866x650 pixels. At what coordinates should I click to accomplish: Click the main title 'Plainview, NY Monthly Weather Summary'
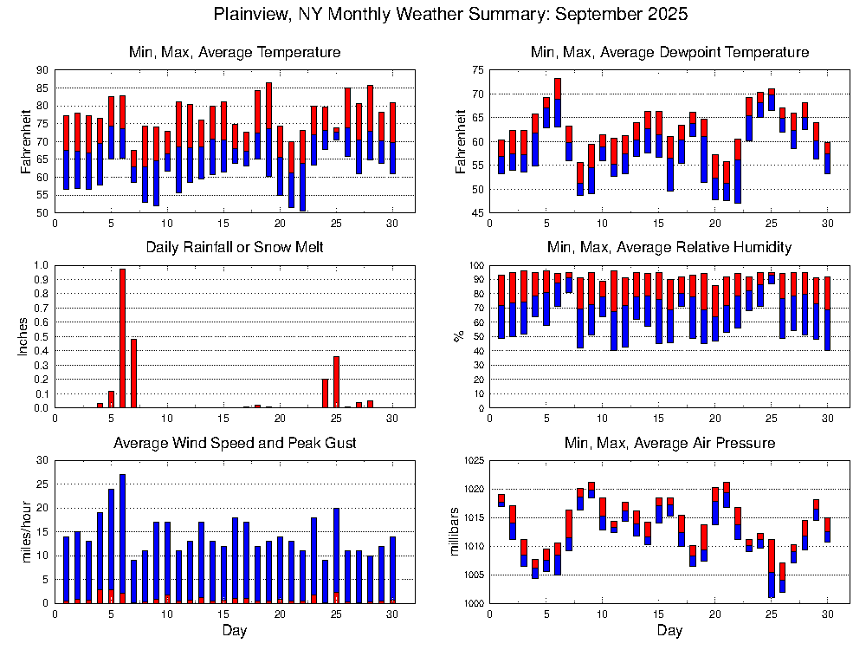point(450,14)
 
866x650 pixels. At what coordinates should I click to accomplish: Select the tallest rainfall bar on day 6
point(122,338)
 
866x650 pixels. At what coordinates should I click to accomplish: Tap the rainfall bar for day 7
point(133,373)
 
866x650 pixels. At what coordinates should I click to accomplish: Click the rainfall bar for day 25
point(336,381)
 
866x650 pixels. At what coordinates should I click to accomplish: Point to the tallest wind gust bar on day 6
point(122,537)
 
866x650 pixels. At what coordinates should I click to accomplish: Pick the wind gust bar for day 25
point(336,555)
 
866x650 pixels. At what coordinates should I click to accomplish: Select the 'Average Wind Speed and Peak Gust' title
point(235,443)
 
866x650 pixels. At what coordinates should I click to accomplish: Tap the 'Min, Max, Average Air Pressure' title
point(669,443)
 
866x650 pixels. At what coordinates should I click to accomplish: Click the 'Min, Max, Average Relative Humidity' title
point(669,247)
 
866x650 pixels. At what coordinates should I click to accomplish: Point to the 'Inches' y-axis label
point(23,336)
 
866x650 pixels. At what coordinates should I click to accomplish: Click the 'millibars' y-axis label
point(456,532)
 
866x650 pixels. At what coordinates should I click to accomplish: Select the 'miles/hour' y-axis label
point(23,532)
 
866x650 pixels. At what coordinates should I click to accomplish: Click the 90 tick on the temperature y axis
point(42,70)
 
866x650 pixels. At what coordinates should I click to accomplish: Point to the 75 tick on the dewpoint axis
point(475,70)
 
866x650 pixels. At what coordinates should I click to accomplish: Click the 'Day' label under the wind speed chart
point(234,631)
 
